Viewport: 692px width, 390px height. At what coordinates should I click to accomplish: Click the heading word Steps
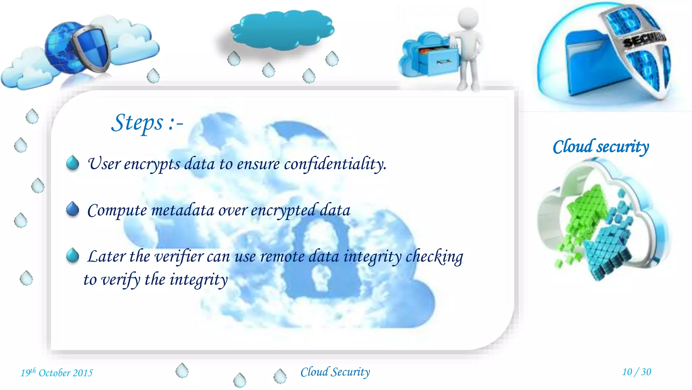(x=137, y=123)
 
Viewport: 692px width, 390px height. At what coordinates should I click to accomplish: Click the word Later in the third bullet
(x=106, y=257)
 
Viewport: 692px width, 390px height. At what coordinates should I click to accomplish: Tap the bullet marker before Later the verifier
(x=73, y=256)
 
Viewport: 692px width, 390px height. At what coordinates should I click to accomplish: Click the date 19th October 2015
(x=57, y=373)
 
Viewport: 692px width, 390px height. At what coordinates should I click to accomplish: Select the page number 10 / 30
(x=637, y=372)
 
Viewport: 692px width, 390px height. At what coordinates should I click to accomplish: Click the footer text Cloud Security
(x=335, y=372)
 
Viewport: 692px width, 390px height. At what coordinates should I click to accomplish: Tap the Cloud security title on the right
(x=601, y=147)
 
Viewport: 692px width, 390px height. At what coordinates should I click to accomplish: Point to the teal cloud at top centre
(x=282, y=30)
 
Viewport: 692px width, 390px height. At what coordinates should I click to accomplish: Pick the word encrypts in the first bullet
(x=152, y=165)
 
